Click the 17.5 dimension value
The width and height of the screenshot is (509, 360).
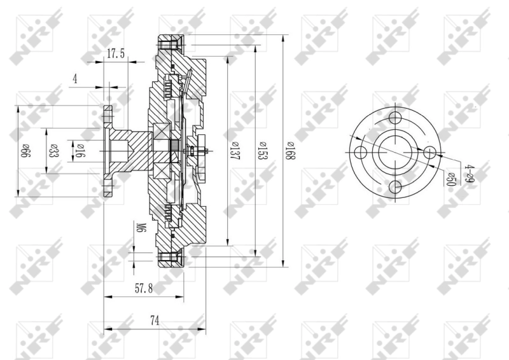pyautogui.click(x=115, y=54)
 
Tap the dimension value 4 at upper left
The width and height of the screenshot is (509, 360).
pyautogui.click(x=75, y=79)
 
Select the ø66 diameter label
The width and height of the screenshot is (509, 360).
pyautogui.click(x=26, y=151)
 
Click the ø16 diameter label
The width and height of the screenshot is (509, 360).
pyautogui.click(x=81, y=151)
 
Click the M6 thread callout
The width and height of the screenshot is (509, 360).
pyautogui.click(x=141, y=228)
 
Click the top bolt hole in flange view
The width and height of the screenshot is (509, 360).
pyautogui.click(x=394, y=118)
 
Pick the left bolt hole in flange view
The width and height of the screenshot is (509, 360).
pyautogui.click(x=361, y=153)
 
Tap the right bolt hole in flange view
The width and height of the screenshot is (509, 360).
pyautogui.click(x=429, y=153)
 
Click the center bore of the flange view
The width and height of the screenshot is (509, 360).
pyautogui.click(x=394, y=153)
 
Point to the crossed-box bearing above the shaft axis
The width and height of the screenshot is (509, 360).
pyautogui.click(x=160, y=133)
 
